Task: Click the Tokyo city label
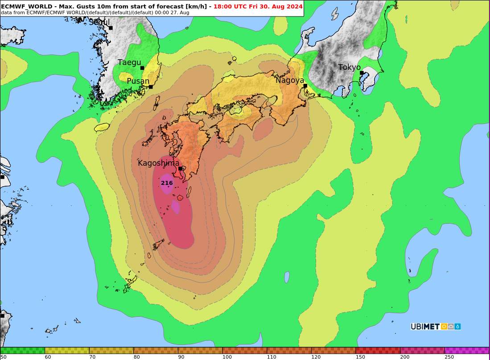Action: click(x=349, y=67)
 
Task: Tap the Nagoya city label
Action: click(x=289, y=80)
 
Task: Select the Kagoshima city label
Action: click(x=158, y=163)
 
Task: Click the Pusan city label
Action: click(x=138, y=81)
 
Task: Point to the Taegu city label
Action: click(x=129, y=62)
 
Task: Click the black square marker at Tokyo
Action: click(x=362, y=73)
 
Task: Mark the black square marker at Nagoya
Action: click(x=305, y=86)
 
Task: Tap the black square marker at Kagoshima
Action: click(x=180, y=168)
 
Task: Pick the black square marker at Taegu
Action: click(x=142, y=68)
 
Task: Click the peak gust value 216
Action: click(x=167, y=183)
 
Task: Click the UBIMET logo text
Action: click(x=425, y=327)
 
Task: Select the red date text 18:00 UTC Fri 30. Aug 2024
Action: click(x=258, y=6)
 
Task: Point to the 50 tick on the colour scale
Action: click(x=4, y=357)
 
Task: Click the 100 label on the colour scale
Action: click(x=227, y=357)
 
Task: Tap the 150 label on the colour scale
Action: click(x=360, y=357)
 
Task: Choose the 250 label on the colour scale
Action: click(x=449, y=357)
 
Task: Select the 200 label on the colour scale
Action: click(x=405, y=357)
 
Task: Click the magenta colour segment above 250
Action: click(x=467, y=350)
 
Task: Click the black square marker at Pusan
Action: click(x=151, y=87)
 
